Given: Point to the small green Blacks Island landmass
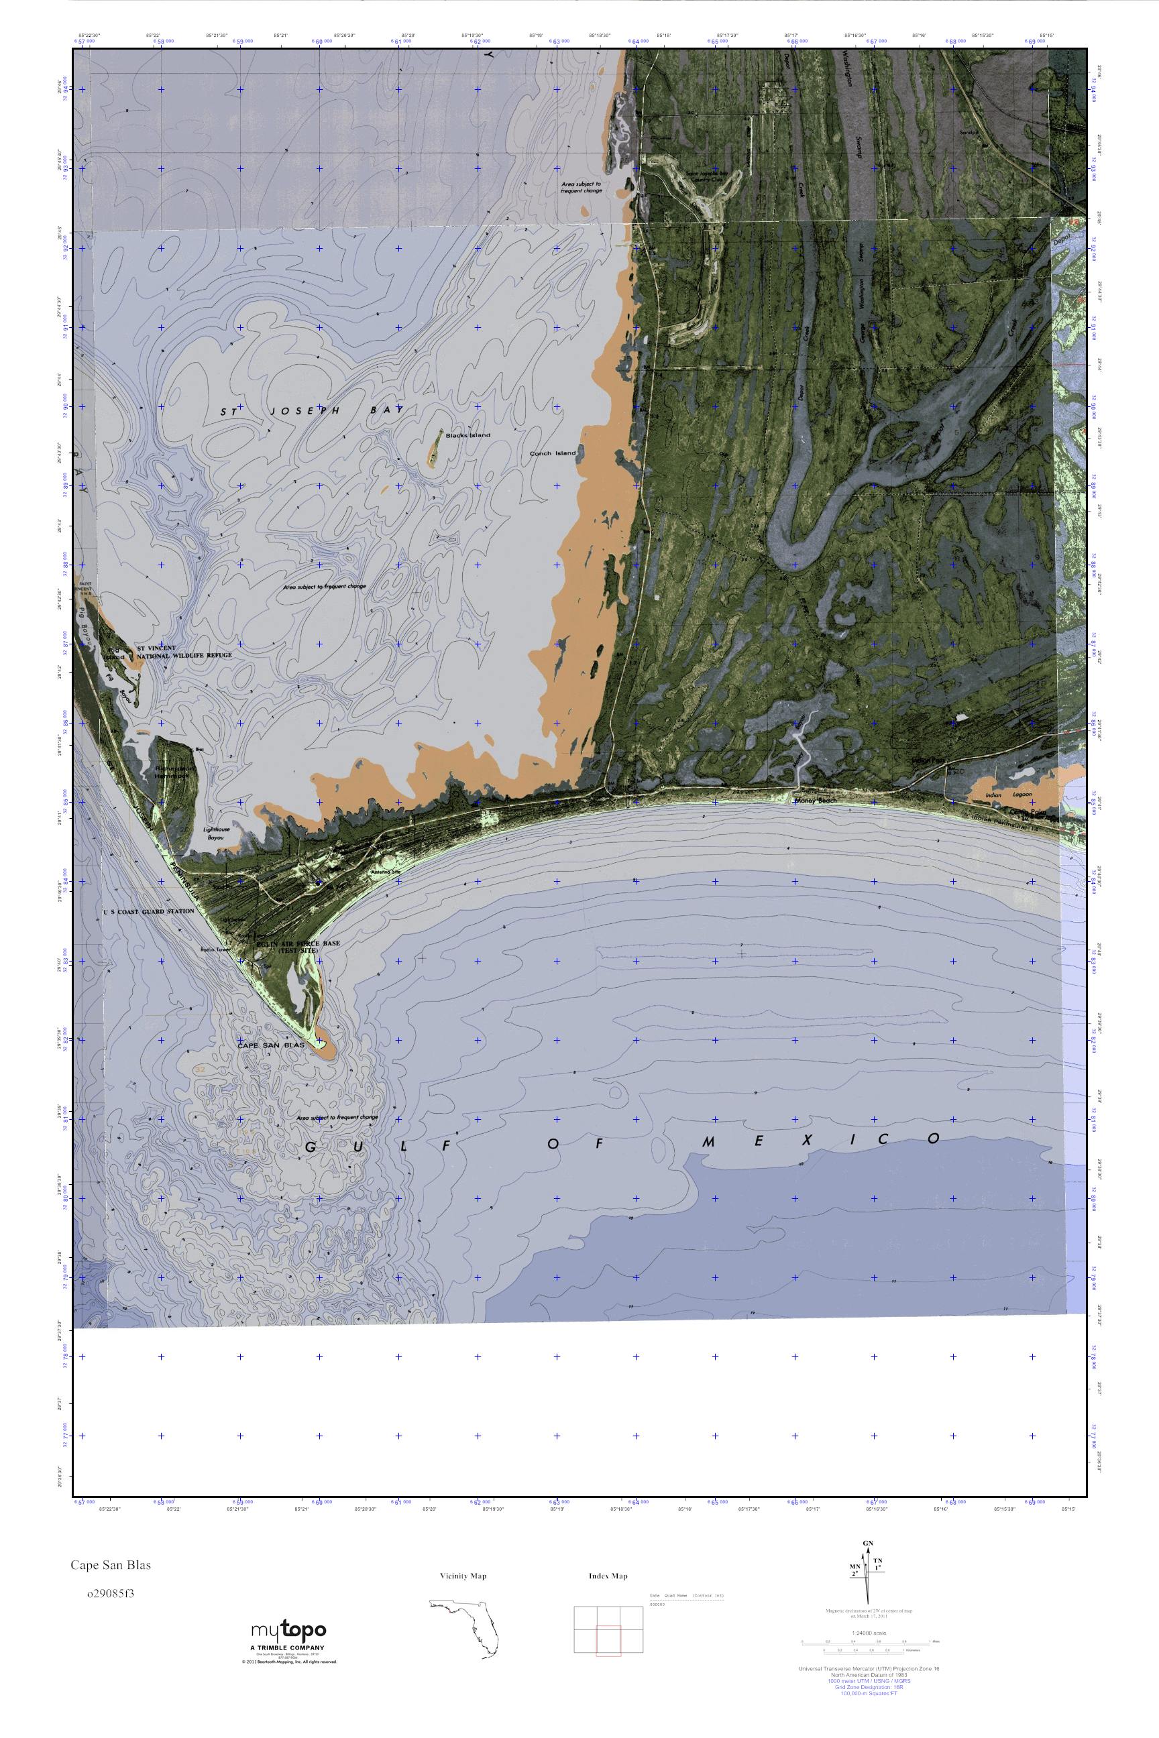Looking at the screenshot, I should click(x=435, y=448).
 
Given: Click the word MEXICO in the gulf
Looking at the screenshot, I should click(x=820, y=1140).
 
